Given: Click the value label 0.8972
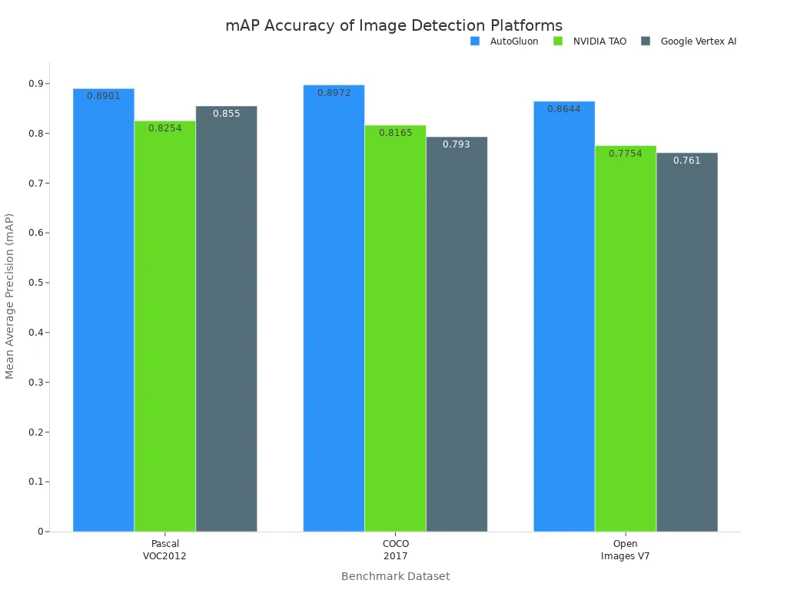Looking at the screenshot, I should tap(334, 93).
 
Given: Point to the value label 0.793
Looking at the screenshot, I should tap(457, 144).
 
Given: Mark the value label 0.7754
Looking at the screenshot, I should tap(625, 154).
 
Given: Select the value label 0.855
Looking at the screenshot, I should tap(226, 114).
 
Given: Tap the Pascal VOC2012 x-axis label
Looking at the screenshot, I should tap(164, 550).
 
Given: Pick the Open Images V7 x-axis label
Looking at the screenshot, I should tap(625, 550).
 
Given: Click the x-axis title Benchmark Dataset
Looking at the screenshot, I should tap(395, 576).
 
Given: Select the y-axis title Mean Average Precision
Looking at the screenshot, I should tap(10, 297).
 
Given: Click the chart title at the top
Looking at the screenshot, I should tap(393, 25).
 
